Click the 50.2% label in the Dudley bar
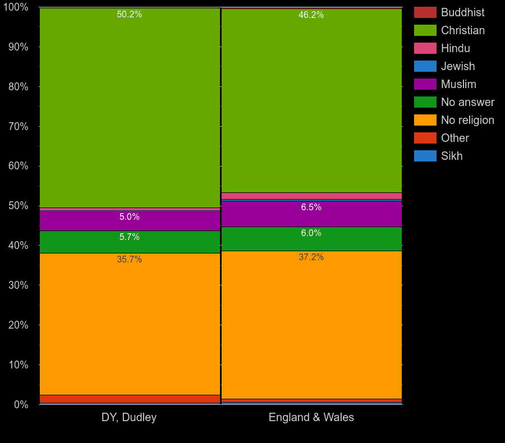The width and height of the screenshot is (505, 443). (x=129, y=15)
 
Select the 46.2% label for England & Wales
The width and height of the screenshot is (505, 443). (x=311, y=15)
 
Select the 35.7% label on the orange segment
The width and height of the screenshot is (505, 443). (x=129, y=260)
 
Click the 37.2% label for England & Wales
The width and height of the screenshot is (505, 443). (x=311, y=257)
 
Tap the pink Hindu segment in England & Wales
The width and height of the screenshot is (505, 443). (x=311, y=196)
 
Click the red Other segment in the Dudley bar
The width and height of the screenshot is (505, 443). (x=130, y=399)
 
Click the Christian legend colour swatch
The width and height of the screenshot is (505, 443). (x=425, y=30)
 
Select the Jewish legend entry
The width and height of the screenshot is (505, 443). (x=457, y=66)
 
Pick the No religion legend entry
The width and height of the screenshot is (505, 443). (x=467, y=120)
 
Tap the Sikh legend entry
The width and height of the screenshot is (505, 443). (x=451, y=156)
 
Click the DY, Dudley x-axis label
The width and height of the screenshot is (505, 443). (x=129, y=417)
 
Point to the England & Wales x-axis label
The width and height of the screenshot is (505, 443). (x=311, y=417)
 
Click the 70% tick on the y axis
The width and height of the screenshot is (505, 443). (x=18, y=127)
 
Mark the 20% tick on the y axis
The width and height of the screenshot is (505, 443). (x=18, y=325)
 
